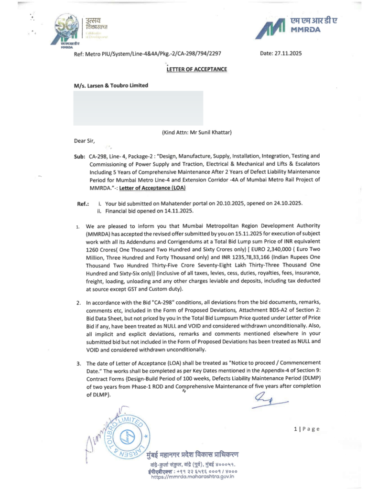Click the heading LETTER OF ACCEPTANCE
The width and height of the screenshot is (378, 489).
tap(196, 69)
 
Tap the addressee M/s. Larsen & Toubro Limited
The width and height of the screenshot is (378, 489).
tap(111, 85)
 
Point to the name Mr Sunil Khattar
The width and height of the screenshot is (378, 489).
tap(210, 132)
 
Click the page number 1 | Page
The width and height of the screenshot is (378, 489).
tap(306, 429)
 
